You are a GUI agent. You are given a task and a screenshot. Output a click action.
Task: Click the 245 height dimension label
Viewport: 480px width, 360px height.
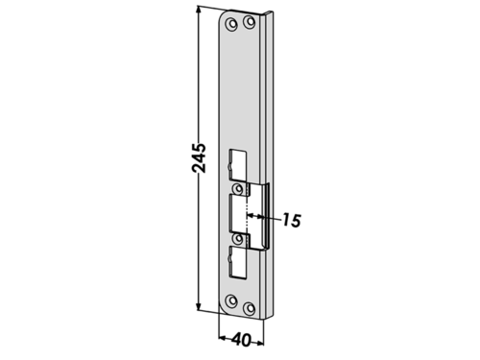[x=199, y=158]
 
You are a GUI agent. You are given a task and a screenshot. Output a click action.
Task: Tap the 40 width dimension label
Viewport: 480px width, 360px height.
[x=241, y=340]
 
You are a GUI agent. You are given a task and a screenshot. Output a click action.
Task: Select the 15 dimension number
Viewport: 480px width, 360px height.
[x=291, y=220]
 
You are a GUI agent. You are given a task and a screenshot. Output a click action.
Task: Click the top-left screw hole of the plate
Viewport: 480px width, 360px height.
[x=231, y=24]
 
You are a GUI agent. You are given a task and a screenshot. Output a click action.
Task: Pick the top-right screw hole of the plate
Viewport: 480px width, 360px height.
[x=249, y=22]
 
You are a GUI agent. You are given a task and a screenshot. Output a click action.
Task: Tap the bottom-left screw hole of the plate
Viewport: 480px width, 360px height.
[x=231, y=300]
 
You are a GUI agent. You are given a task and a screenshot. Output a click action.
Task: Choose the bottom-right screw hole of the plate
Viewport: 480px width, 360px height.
[x=249, y=308]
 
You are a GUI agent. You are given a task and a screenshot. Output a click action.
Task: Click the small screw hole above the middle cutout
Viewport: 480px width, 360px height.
[x=238, y=189]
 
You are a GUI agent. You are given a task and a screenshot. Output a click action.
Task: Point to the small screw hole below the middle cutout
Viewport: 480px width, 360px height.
[x=238, y=238]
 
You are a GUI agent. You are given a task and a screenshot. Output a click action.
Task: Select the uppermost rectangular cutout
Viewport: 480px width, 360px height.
[x=238, y=165]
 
